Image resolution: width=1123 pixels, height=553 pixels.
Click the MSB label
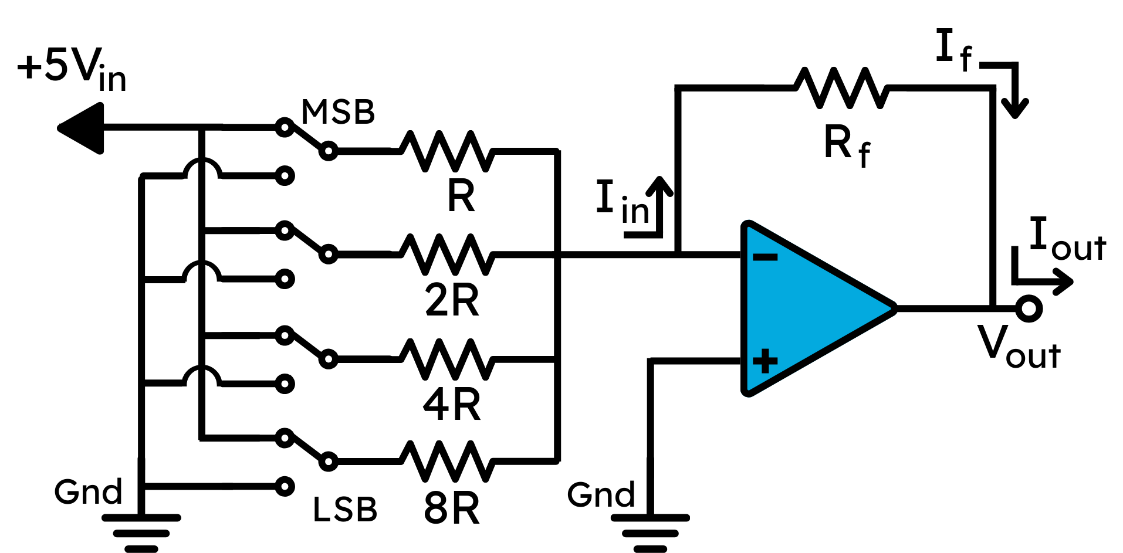point(338,111)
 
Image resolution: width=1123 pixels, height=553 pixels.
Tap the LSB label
point(345,510)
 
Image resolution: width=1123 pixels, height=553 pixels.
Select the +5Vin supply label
point(72,70)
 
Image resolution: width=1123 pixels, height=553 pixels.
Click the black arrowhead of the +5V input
point(81,128)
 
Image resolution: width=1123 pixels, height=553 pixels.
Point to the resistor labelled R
point(447,151)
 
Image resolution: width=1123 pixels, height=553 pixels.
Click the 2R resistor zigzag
point(447,255)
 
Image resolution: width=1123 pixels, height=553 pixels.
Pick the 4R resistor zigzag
point(447,359)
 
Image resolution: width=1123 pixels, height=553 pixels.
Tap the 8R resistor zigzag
point(447,462)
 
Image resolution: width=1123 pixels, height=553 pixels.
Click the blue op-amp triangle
point(816,308)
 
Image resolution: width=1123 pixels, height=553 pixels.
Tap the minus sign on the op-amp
point(765,257)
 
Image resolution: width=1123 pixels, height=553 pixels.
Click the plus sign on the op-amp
point(765,361)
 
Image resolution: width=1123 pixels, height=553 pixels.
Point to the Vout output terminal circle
point(1029,308)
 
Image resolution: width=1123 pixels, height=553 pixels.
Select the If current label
point(954,50)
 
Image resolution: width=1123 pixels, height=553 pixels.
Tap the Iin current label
point(623,202)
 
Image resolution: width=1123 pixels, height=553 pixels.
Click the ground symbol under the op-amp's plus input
point(650,533)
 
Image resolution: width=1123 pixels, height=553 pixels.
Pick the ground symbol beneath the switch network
point(141,533)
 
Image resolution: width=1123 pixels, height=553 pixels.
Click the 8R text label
point(452,508)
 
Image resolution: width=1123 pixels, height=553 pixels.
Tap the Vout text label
point(1019,347)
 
